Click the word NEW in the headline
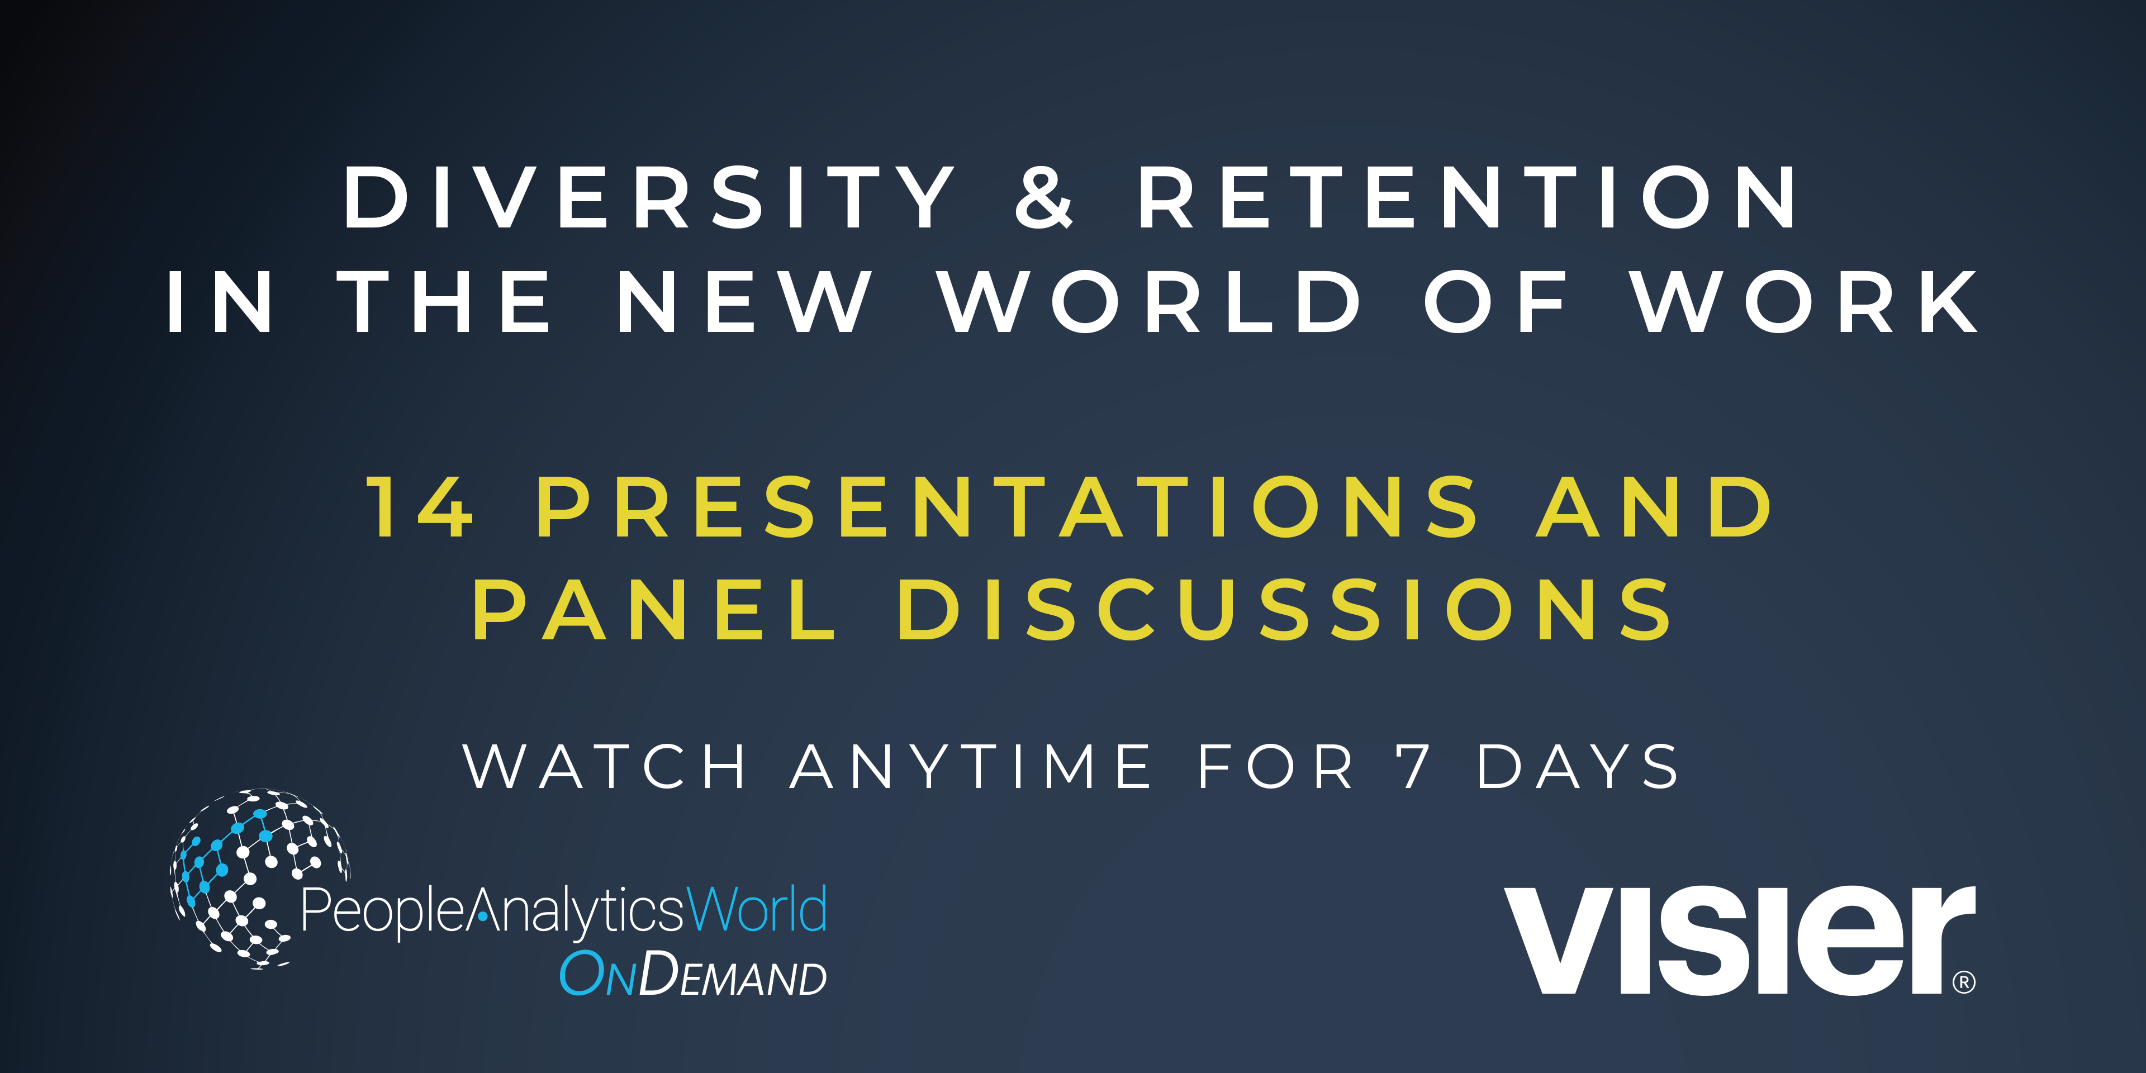tap(744, 302)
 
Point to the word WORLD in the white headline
tap(1150, 302)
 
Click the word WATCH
tap(605, 766)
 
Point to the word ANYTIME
tap(971, 766)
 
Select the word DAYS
tap(1578, 766)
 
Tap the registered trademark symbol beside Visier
tap(1964, 982)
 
